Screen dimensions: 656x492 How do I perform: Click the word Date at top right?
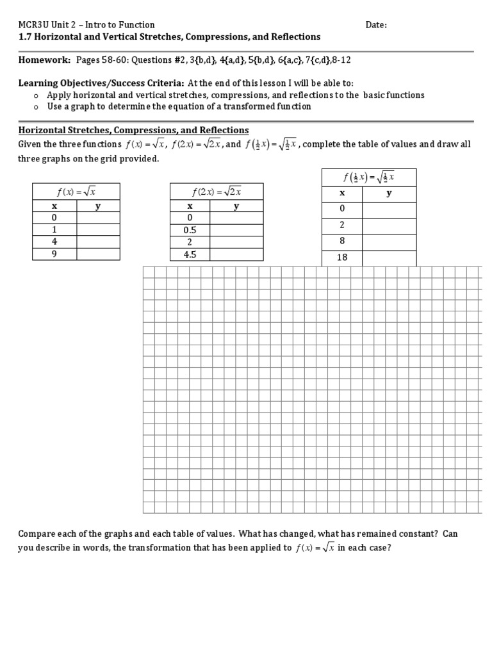375,25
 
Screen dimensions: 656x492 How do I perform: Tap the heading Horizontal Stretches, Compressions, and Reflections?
133,130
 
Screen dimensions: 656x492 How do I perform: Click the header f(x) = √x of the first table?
76,191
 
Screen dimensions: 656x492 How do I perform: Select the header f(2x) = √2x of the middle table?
217,191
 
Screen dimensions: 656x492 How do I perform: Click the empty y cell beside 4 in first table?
98,242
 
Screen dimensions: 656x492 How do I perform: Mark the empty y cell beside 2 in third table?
389,225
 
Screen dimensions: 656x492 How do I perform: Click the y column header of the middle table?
236,206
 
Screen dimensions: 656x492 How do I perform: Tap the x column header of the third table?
342,193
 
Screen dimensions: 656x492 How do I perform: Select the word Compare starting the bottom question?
37,534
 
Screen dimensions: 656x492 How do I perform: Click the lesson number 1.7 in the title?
25,37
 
